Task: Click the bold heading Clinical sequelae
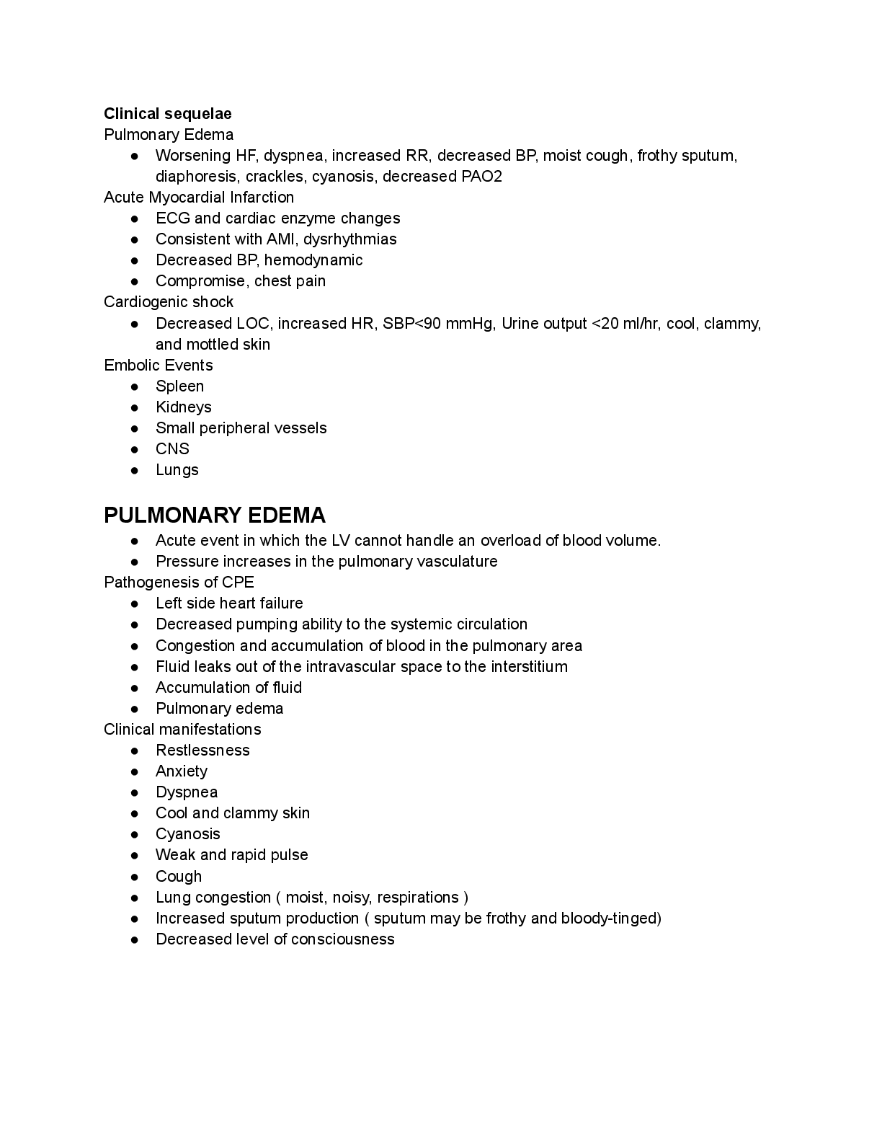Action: click(x=168, y=114)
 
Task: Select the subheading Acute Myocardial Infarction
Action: click(x=199, y=198)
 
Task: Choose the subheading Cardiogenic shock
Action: click(x=169, y=302)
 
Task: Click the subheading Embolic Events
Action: click(x=159, y=366)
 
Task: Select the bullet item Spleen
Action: click(x=179, y=386)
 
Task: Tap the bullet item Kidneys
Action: click(x=184, y=407)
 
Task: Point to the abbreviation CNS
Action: click(x=172, y=449)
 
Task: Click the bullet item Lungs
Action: click(x=177, y=470)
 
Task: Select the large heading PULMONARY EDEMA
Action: click(x=215, y=515)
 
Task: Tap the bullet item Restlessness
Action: click(x=202, y=751)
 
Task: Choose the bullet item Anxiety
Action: click(x=182, y=771)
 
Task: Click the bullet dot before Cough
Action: click(x=135, y=877)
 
